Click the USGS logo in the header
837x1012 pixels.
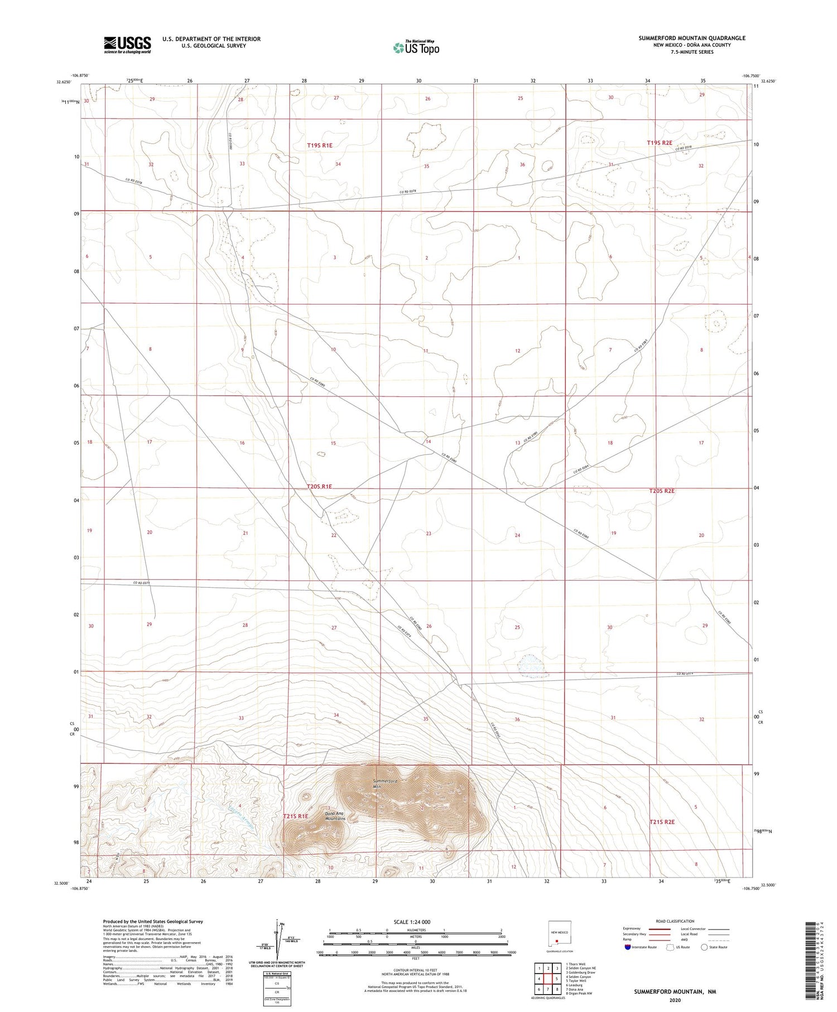(127, 45)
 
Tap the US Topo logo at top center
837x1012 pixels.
(416, 48)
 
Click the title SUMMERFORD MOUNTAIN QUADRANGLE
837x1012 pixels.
(692, 38)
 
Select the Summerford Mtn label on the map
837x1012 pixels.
(384, 784)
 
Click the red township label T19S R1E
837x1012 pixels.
(320, 145)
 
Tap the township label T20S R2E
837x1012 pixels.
(662, 491)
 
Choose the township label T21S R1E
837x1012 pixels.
(296, 816)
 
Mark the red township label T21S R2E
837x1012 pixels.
(662, 822)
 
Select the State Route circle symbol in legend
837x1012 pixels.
(704, 947)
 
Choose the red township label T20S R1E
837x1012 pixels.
(320, 487)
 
